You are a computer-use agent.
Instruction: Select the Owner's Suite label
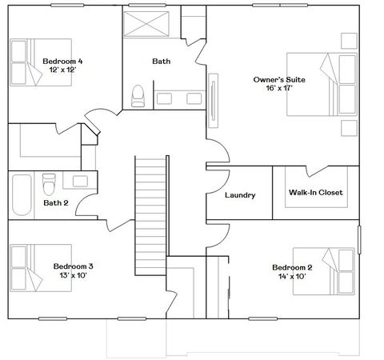[279, 80]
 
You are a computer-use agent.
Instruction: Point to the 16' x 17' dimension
[279, 90]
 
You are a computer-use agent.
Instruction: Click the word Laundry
[239, 195]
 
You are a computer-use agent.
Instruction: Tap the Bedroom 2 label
[291, 267]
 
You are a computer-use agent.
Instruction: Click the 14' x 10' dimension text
[291, 277]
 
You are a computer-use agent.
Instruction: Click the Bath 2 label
[56, 202]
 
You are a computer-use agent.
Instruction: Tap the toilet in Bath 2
[50, 183]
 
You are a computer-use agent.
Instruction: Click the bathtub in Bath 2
[22, 194]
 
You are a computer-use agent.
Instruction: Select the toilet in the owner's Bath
[137, 95]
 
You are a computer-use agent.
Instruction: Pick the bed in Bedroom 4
[29, 59]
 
